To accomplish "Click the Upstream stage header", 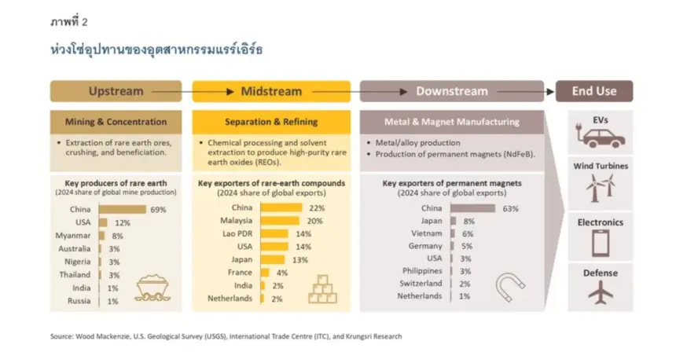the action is click(x=116, y=91).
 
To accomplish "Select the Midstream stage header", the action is click(x=271, y=91).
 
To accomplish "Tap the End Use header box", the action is click(x=594, y=91).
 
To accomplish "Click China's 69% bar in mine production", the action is click(x=123, y=210).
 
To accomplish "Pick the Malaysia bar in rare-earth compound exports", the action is click(x=280, y=221).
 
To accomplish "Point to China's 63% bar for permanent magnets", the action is click(x=472, y=208).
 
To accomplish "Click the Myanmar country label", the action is click(x=73, y=236).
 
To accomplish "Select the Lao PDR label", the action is click(x=237, y=233).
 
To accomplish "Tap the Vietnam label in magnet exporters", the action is click(x=426, y=233).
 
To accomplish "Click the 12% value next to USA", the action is click(x=123, y=223).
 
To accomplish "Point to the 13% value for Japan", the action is click(x=300, y=260).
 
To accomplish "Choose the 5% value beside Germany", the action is click(x=467, y=246).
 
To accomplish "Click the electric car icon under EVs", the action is click(x=600, y=137).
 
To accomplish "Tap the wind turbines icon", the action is click(x=600, y=188).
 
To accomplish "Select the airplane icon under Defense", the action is click(x=600, y=291).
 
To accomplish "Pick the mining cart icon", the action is click(x=152, y=288).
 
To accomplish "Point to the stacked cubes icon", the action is click(x=322, y=289).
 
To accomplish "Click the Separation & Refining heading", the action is click(x=271, y=122).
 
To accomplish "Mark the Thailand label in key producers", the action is click(x=75, y=275).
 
